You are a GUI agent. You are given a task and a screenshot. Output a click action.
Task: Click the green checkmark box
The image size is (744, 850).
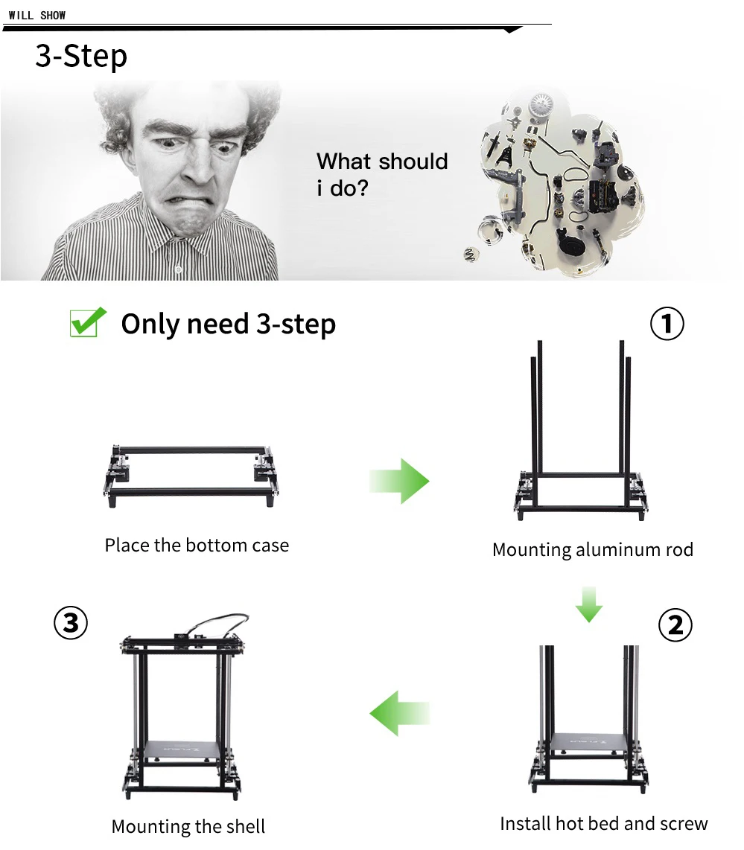88,322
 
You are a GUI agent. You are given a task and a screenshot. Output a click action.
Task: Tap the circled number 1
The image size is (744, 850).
667,324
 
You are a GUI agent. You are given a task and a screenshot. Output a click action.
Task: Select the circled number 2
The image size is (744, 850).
675,624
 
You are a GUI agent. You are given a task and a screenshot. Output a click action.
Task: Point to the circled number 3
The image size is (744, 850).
71,623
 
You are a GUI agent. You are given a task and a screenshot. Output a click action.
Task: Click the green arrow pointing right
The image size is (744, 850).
399,481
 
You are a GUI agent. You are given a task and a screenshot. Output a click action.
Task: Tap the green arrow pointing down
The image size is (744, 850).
589,604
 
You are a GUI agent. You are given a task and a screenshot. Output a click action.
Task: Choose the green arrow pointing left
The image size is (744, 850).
400,713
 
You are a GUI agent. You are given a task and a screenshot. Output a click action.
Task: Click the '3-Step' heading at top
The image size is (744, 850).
81,57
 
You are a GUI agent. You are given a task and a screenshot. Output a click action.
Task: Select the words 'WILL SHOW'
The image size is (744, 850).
37,15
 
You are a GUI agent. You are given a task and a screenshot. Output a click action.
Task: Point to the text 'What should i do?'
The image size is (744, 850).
382,175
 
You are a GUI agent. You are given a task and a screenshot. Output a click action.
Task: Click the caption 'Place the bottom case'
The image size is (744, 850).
197,545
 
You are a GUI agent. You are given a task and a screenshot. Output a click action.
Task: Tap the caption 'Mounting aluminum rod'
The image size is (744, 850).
593,550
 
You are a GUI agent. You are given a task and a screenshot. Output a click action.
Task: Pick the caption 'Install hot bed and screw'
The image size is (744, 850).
603,823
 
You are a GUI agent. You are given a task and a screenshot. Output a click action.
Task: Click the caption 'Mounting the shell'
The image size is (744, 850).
188,826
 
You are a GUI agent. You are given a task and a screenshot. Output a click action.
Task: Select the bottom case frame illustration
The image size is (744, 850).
191,476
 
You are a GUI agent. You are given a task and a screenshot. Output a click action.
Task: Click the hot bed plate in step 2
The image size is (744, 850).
589,741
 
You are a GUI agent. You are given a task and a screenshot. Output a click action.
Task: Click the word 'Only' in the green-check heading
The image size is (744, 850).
150,325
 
